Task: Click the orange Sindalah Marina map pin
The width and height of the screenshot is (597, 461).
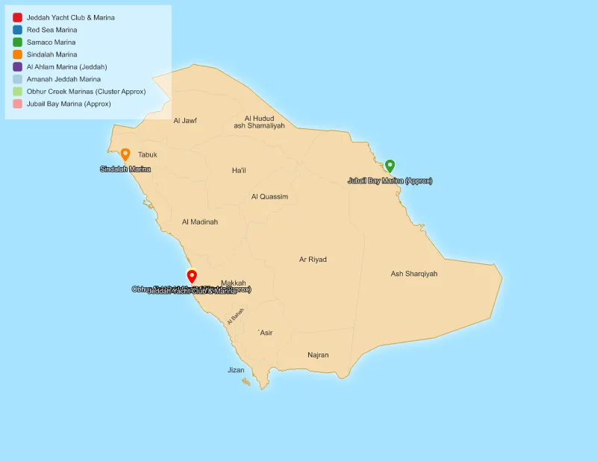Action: click(x=125, y=154)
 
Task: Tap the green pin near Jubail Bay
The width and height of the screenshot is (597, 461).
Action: click(x=390, y=166)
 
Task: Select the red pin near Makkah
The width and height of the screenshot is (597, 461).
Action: click(x=192, y=276)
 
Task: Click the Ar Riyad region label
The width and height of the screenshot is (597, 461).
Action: click(x=313, y=260)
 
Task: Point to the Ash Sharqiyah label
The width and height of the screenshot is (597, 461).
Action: click(x=414, y=274)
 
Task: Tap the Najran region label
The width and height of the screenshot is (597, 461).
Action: click(x=318, y=355)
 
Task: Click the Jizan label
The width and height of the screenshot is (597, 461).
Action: click(x=236, y=370)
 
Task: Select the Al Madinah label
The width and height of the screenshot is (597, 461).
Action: click(x=200, y=222)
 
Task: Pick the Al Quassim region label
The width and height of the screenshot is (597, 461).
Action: click(x=269, y=197)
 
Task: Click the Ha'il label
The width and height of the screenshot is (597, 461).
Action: click(x=239, y=171)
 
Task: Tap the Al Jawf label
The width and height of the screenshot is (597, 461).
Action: click(x=185, y=120)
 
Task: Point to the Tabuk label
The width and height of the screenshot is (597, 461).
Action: click(x=148, y=154)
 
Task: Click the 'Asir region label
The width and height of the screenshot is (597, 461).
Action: click(x=265, y=333)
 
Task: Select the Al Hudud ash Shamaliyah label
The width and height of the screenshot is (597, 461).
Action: click(x=259, y=122)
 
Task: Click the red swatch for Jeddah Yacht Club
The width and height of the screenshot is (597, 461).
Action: click(x=17, y=17)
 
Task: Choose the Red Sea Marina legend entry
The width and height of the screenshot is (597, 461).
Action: click(x=51, y=30)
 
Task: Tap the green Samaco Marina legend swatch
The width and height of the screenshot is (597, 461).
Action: click(x=17, y=42)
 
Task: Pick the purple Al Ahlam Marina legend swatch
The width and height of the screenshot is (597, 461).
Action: click(x=17, y=66)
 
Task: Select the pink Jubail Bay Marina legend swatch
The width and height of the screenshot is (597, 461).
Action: click(x=17, y=104)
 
